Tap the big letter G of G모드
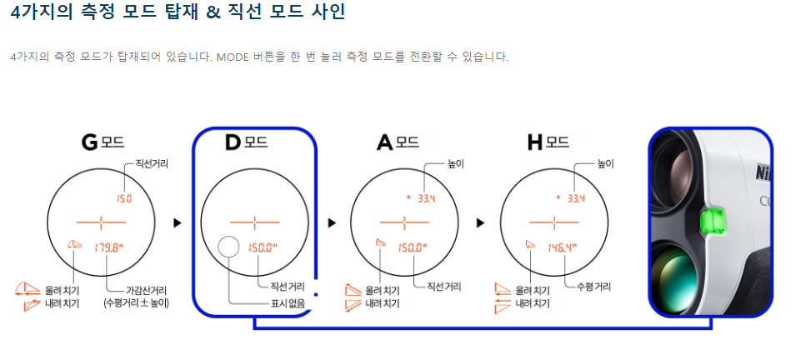[90, 142]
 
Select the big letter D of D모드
[233, 142]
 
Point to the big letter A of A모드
[384, 142]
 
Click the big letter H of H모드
[535, 142]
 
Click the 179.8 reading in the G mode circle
[108, 247]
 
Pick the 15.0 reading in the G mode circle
[124, 198]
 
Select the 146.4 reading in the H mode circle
[563, 247]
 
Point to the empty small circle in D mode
[228, 247]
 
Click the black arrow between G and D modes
[177, 223]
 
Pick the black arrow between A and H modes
[480, 223]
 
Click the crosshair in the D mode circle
[255, 222]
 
